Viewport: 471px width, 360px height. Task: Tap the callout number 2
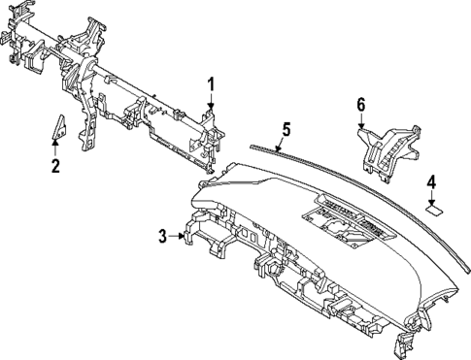55,166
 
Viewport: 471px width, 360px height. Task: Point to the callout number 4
432,180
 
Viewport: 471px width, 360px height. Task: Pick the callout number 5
286,128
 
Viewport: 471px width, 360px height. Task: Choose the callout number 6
360,104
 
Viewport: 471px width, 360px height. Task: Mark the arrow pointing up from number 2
55,148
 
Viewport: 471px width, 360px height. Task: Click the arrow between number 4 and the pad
433,195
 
